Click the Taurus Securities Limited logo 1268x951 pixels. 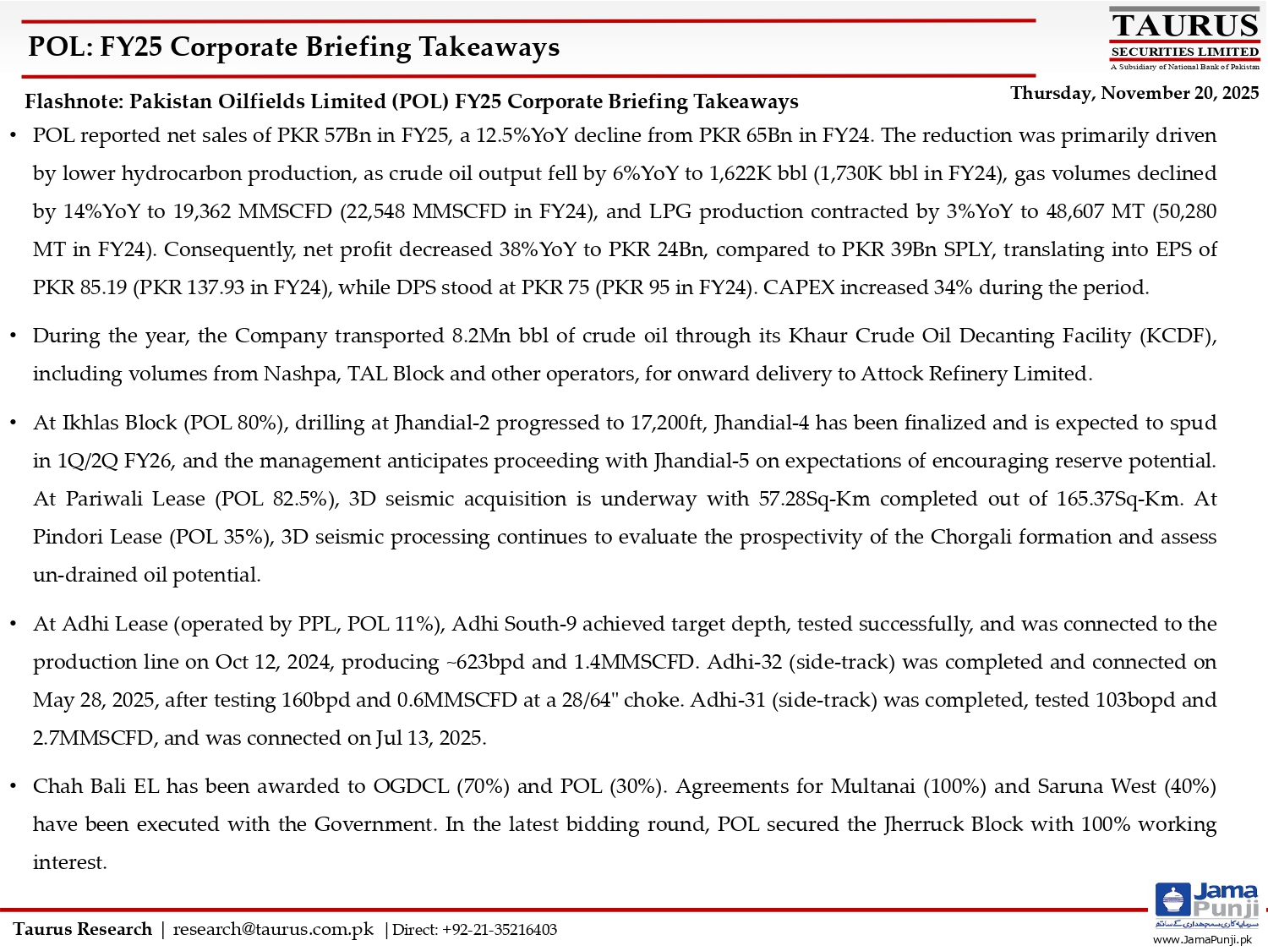tap(1184, 39)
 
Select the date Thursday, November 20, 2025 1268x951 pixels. tap(1134, 93)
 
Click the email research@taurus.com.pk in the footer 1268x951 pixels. tap(273, 929)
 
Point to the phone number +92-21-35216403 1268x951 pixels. tap(500, 930)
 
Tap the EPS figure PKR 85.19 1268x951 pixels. tap(80, 287)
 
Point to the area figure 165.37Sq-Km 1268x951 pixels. tap(1118, 499)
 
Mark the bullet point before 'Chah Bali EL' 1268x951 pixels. tap(14, 787)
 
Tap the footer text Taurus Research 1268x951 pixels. tap(83, 929)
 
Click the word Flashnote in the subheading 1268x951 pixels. tap(74, 101)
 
